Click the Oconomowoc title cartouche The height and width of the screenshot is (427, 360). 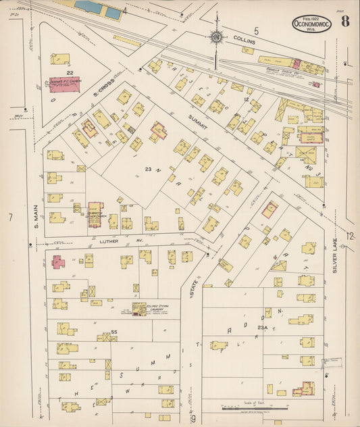point(312,23)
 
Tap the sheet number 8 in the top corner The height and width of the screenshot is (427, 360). point(344,21)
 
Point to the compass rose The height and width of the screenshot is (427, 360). point(216,36)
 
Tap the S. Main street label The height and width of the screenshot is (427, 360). point(32,220)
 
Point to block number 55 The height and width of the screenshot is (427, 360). point(113,332)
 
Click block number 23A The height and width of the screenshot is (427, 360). point(263,328)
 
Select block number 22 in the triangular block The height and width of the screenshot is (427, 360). point(70,72)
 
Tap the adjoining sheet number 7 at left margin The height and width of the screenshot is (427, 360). point(10,217)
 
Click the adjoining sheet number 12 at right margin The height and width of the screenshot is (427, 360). point(349,235)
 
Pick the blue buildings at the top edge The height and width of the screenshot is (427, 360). point(99,8)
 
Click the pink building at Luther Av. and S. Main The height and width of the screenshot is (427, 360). point(59,261)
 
